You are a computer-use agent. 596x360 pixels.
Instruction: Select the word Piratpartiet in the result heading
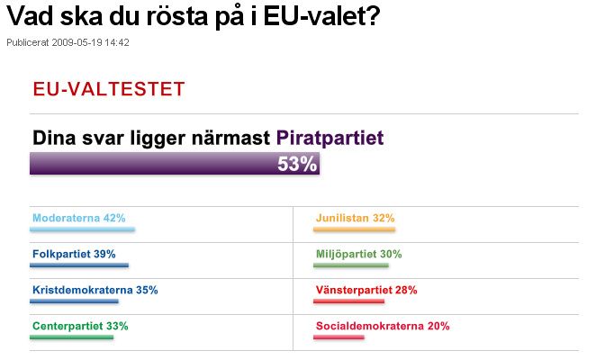pyautogui.click(x=330, y=138)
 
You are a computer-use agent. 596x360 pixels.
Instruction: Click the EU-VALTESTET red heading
pyautogui.click(x=108, y=89)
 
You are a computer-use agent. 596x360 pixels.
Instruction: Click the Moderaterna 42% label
pyautogui.click(x=78, y=218)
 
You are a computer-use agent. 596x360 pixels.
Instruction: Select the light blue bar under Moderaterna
pyautogui.click(x=82, y=229)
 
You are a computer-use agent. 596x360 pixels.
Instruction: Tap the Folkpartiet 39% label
pyautogui.click(x=74, y=254)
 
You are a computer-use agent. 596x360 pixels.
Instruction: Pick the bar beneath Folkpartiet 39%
pyautogui.click(x=79, y=265)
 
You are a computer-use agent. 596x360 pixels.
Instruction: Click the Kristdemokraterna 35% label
pyautogui.click(x=95, y=290)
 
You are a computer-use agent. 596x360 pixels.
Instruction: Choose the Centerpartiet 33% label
pyautogui.click(x=80, y=326)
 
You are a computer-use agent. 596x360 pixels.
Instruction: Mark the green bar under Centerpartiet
pyautogui.click(x=71, y=337)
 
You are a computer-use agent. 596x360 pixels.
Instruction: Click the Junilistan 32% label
pyautogui.click(x=355, y=218)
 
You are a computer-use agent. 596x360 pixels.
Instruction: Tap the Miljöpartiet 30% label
pyautogui.click(x=358, y=254)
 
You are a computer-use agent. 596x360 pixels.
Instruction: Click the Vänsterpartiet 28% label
pyautogui.click(x=366, y=290)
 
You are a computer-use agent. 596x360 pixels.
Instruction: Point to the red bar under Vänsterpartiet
pyautogui.click(x=348, y=301)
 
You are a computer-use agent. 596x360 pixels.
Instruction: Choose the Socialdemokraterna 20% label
pyautogui.click(x=382, y=326)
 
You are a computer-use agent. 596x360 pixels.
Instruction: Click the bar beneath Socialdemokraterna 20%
pyautogui.click(x=339, y=337)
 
